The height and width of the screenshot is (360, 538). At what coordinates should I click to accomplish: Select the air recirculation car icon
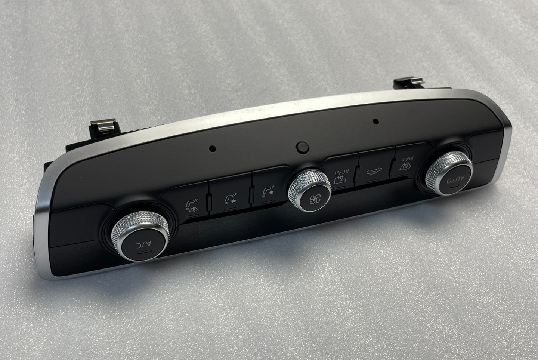pyautogui.click(x=374, y=171)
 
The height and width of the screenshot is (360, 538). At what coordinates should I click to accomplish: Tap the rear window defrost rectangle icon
pyautogui.click(x=340, y=180)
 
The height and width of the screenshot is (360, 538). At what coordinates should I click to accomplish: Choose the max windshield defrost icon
pyautogui.click(x=405, y=166)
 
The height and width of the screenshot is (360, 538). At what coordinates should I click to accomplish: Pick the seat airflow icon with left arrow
pyautogui.click(x=230, y=199)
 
